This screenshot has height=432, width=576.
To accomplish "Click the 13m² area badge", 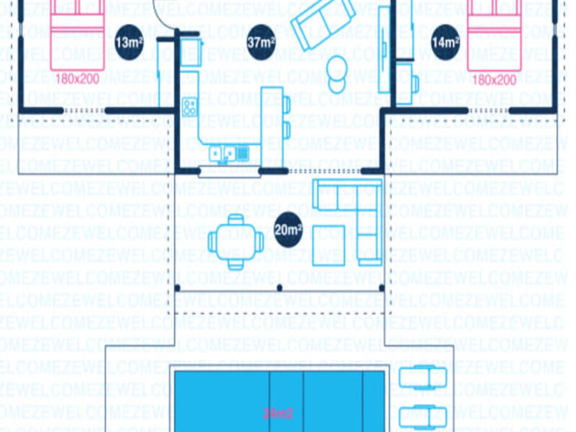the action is (129, 42).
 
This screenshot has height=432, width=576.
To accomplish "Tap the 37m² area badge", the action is (261, 42).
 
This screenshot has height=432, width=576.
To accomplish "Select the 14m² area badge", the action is (445, 42).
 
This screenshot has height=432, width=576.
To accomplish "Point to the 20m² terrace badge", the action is (288, 230).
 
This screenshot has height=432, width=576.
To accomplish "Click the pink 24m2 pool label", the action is (278, 414).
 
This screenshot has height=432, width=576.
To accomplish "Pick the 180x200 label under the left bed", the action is (77, 79).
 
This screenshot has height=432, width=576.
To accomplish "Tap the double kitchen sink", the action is (223, 154).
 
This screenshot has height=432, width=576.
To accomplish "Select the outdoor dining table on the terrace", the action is (236, 242).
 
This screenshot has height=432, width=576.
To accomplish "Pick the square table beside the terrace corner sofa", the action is (328, 245).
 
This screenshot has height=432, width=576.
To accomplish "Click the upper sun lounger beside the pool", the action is (423, 377).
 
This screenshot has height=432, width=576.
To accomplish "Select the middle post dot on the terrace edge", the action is (280, 288).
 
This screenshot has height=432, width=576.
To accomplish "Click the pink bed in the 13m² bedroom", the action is (77, 35).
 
